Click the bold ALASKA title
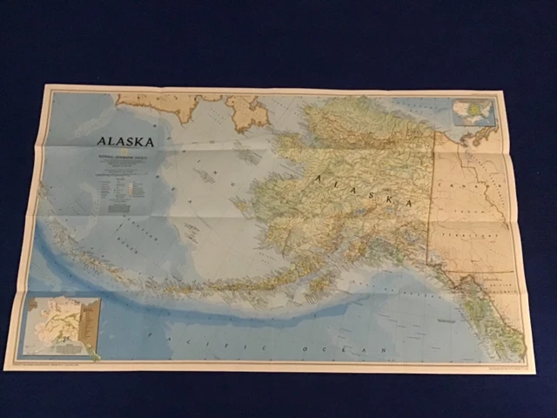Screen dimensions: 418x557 (125, 142)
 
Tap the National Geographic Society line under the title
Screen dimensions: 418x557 (125, 156)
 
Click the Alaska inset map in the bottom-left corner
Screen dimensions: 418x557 (62, 327)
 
